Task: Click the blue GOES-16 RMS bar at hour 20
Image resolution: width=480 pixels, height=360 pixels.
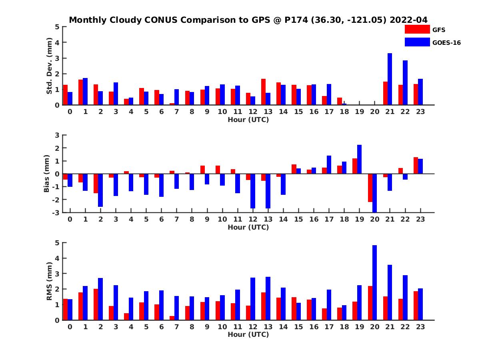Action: tap(375, 283)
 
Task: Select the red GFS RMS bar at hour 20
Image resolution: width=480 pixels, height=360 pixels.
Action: tap(370, 303)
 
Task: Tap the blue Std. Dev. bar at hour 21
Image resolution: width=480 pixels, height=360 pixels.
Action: tap(390, 79)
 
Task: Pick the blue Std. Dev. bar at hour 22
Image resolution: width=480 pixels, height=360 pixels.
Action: tap(405, 83)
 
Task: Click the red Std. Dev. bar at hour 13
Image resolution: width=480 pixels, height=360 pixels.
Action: tap(264, 92)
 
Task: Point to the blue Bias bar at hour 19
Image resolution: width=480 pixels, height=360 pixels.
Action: tap(360, 159)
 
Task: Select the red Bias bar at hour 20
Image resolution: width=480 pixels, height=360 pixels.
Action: tap(370, 188)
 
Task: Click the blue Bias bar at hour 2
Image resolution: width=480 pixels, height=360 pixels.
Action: tap(100, 190)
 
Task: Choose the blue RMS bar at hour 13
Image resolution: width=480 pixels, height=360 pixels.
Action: tap(268, 298)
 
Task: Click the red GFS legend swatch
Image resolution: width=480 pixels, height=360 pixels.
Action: tap(417, 30)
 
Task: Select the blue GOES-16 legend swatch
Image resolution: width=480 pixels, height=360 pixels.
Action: tap(417, 42)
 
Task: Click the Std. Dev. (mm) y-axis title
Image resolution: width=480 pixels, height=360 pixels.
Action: tap(50, 66)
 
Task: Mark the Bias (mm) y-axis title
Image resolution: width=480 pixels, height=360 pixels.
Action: tap(47, 174)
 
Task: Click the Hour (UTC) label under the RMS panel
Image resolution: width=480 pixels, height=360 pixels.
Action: tap(248, 334)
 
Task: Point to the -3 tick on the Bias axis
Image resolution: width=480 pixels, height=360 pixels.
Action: tap(56, 212)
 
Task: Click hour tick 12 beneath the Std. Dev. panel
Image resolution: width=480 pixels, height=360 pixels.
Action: tap(253, 112)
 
